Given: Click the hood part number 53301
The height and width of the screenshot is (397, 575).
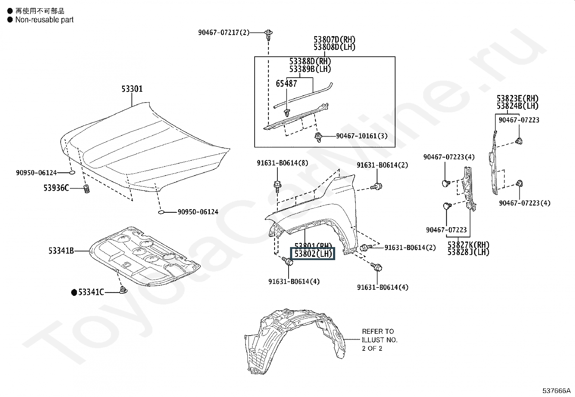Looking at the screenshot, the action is pos(132,89).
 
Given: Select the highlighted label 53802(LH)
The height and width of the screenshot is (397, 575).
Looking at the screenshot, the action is pos(313,254).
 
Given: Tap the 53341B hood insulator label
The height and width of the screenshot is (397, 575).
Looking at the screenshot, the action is pos(61,251).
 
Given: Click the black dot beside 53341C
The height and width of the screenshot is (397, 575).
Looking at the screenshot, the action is pos(74,292).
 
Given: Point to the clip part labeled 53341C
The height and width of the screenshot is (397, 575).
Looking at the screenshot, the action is pos(123,290).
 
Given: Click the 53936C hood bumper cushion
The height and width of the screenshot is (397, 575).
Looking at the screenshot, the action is pos(87,189).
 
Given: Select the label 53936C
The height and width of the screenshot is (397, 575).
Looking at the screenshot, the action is pos(56,188).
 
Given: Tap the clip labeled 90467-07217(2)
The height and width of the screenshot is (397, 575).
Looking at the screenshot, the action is pos(268,35).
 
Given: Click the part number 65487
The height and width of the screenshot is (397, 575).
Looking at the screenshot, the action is pos(286,83).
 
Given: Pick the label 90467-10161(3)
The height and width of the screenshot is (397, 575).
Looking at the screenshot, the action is pos(362,136).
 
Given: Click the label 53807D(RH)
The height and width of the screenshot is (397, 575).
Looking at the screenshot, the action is pos(334,39).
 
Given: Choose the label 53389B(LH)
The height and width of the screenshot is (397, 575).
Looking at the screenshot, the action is pos(310,69).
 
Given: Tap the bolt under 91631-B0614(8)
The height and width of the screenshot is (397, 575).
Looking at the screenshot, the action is pos(277,186).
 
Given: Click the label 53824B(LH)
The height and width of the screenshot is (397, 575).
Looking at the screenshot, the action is pos(518,106).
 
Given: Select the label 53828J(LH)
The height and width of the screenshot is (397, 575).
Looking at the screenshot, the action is pos(468,252).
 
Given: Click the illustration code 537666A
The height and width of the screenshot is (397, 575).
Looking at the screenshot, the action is pos(556,390).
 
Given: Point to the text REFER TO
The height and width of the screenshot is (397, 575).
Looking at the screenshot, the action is pos(378,331).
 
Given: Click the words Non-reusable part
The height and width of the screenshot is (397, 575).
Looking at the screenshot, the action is pos(44,20).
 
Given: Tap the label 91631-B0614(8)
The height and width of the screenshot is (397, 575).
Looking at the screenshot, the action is pos(282,163).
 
